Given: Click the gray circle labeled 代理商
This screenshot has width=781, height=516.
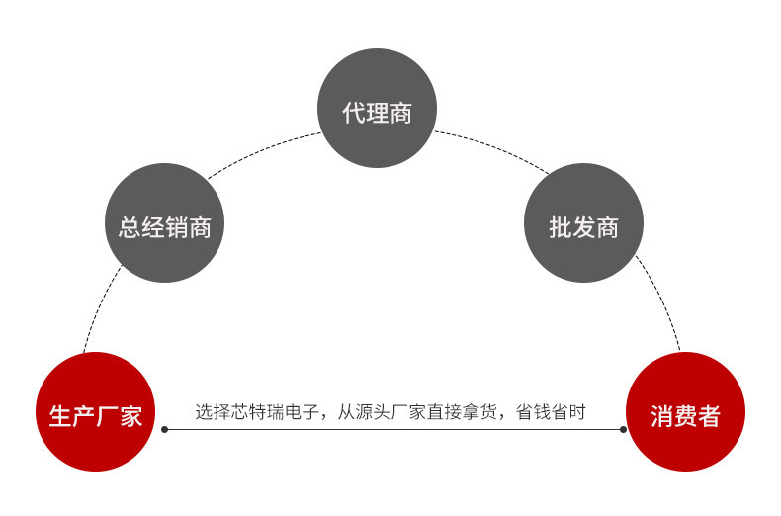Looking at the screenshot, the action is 377,108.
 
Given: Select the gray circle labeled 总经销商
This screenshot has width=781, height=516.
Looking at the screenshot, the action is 165,222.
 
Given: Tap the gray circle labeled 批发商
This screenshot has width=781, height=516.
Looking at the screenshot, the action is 583,222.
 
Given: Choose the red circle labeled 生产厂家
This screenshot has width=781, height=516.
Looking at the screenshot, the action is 96,412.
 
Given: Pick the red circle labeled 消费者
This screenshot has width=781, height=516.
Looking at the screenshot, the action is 685,412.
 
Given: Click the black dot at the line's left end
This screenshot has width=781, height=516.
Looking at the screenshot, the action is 165,429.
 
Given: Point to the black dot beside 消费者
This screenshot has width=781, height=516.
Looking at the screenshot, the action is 623,429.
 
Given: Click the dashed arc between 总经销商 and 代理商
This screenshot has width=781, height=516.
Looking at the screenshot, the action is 261,150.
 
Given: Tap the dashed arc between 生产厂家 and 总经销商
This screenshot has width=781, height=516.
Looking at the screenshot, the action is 99,305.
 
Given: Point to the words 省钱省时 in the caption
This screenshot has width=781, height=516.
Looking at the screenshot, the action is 551,412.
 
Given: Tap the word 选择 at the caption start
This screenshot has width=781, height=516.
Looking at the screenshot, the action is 213,412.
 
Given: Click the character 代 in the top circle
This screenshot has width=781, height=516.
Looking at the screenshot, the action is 353,113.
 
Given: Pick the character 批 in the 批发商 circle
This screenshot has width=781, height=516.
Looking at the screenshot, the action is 561,227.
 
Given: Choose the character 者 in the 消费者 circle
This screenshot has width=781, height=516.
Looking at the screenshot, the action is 709,416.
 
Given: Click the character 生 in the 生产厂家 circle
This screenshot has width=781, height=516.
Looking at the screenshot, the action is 60,416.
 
